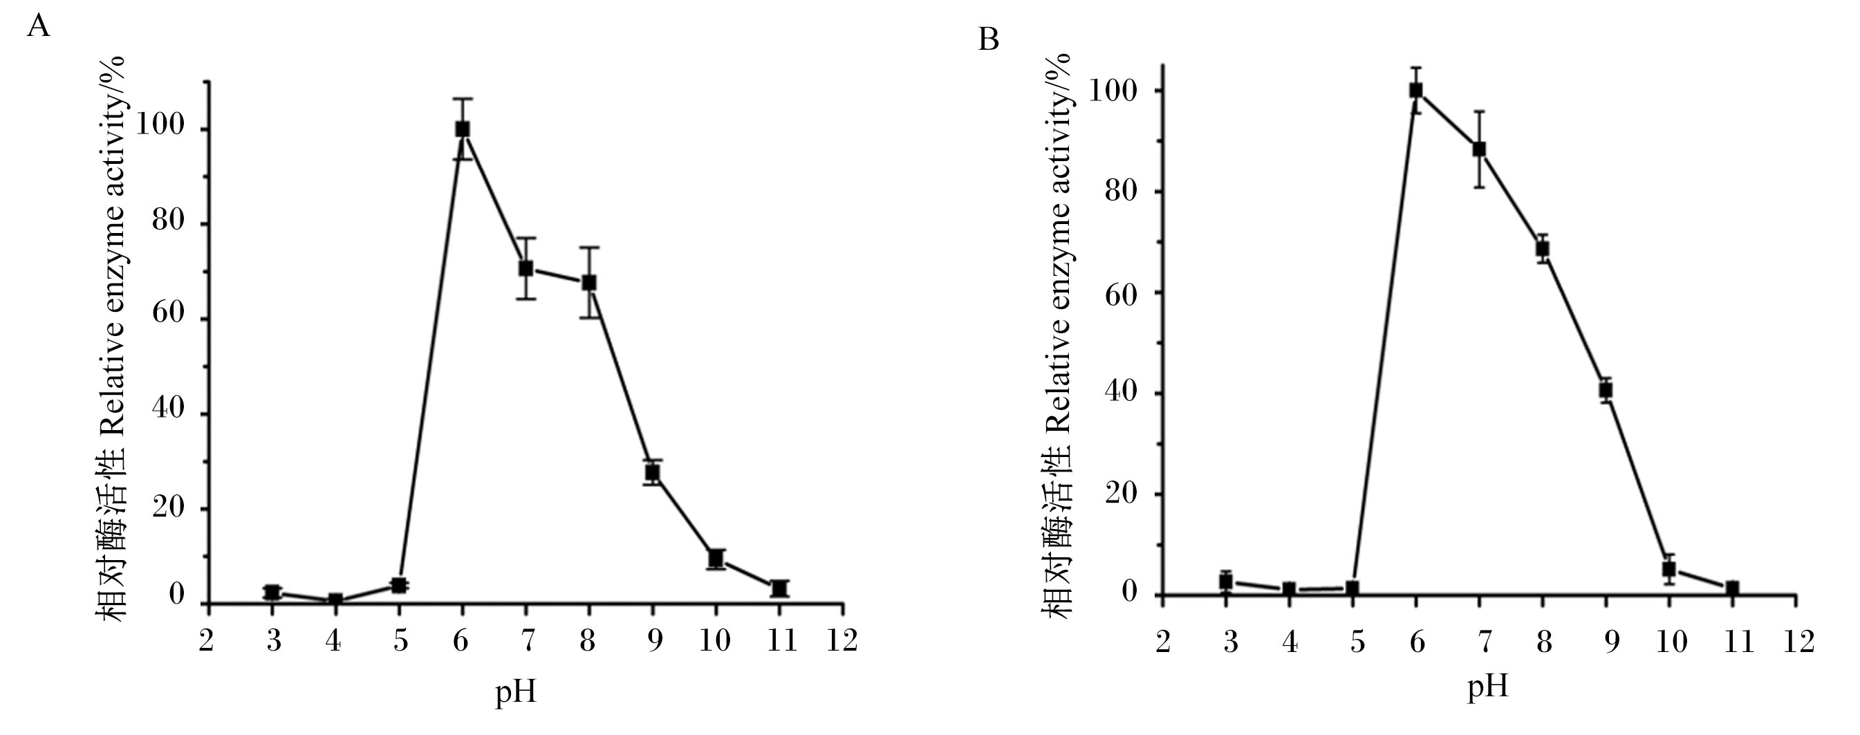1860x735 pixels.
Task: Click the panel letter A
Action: click(x=38, y=27)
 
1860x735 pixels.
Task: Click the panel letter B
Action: click(x=989, y=39)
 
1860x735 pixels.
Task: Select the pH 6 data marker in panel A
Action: click(x=463, y=129)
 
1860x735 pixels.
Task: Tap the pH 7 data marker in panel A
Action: click(x=526, y=268)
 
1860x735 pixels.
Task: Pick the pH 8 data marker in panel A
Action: click(x=589, y=282)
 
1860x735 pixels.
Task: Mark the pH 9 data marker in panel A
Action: click(x=653, y=473)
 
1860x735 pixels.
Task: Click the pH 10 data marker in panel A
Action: click(x=716, y=559)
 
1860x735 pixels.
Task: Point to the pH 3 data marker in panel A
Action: click(x=272, y=593)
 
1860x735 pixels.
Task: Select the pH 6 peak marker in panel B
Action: click(x=1416, y=91)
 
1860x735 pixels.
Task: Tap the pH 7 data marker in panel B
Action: click(x=1480, y=149)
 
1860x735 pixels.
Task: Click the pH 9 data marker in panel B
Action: click(x=1606, y=391)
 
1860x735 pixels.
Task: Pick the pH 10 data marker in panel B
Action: click(x=1668, y=570)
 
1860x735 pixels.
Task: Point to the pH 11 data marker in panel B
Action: click(x=1732, y=588)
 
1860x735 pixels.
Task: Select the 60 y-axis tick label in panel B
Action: click(x=1122, y=292)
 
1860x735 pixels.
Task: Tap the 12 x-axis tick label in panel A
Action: click(x=842, y=640)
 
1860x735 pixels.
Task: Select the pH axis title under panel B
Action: click(x=1488, y=687)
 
